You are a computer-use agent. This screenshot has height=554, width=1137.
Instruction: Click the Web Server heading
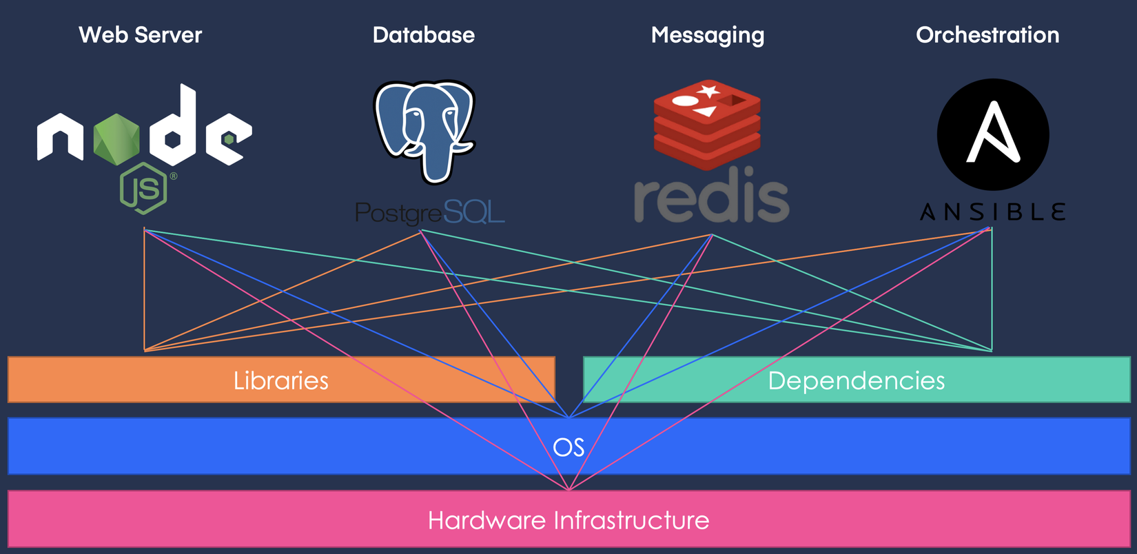tap(141, 35)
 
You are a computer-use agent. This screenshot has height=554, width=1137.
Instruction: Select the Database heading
tap(423, 35)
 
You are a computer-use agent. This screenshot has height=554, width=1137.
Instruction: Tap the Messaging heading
tap(708, 35)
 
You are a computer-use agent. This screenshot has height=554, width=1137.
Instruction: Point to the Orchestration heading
tap(987, 35)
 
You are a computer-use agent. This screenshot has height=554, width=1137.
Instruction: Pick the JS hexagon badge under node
tap(143, 188)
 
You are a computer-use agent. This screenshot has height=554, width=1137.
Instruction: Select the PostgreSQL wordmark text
tap(429, 213)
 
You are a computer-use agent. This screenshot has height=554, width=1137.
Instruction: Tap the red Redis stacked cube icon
tap(707, 124)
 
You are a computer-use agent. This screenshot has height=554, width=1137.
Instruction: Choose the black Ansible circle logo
tap(993, 134)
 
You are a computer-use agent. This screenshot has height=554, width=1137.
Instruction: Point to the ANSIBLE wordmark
tap(993, 212)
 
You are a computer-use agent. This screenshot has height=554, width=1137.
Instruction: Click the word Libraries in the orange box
tap(281, 380)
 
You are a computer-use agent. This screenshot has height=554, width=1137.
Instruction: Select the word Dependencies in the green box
tap(856, 380)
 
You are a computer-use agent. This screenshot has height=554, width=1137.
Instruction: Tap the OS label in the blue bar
tap(568, 448)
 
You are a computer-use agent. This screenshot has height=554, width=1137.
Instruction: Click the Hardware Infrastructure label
tap(568, 520)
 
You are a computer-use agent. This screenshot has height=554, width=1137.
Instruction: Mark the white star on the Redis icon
tap(708, 90)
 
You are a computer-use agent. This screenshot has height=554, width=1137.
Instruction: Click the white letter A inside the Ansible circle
tap(993, 133)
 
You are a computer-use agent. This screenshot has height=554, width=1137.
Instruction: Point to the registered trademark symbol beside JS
tap(174, 176)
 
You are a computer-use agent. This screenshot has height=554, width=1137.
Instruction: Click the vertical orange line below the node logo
tap(144, 289)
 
